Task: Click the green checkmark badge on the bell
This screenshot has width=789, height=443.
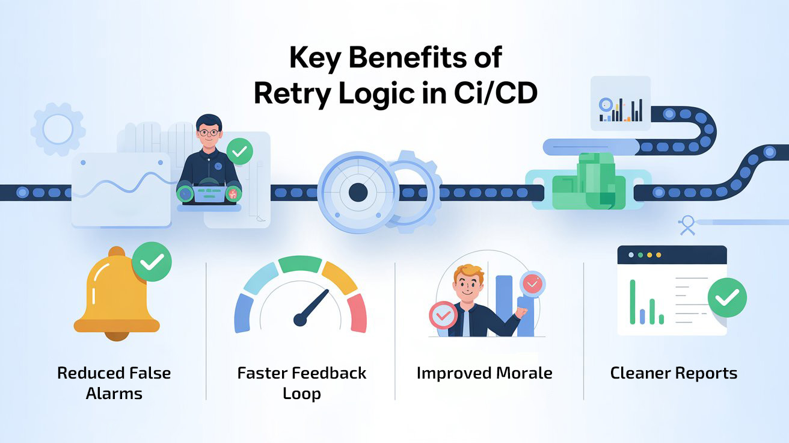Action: [x=152, y=262]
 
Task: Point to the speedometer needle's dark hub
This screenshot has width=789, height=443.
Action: [x=300, y=319]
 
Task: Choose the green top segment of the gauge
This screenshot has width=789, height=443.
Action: [x=301, y=264]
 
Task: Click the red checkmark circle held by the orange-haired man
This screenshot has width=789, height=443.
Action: [x=443, y=315]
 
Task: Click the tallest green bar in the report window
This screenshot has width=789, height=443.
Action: [x=633, y=302]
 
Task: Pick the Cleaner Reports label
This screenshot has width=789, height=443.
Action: [x=674, y=373]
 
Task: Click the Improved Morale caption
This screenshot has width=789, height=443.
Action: [x=484, y=373]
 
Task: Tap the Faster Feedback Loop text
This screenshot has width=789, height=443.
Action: [x=301, y=383]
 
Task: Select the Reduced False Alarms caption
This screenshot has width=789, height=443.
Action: [x=114, y=383]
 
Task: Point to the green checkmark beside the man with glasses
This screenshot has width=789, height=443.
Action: [x=240, y=151]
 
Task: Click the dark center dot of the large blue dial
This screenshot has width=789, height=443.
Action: [x=358, y=193]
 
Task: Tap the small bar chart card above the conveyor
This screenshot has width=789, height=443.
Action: [x=621, y=104]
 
